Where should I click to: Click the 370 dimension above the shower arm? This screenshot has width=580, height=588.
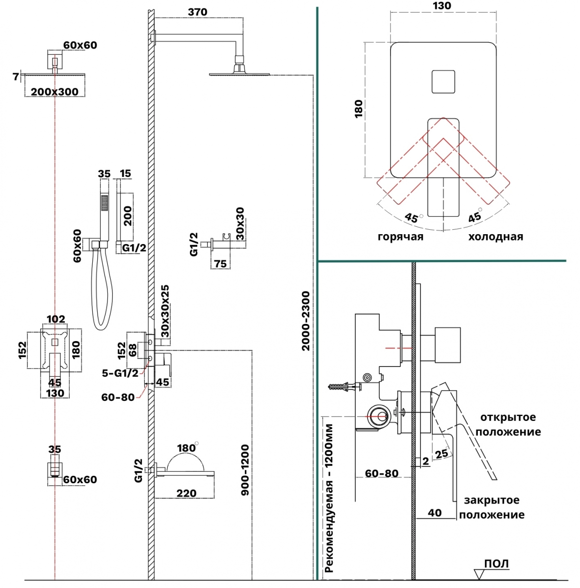197,12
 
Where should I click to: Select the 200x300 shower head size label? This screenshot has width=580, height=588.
54,92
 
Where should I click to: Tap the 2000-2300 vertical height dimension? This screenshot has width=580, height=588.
306,321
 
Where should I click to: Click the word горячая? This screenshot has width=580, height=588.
400,237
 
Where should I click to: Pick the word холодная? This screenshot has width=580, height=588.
496,237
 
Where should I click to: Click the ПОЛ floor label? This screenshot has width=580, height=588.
497,563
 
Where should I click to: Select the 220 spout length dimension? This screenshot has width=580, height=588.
186,493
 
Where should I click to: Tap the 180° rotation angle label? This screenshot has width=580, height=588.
187,448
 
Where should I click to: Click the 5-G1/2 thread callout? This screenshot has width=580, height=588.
120,373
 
